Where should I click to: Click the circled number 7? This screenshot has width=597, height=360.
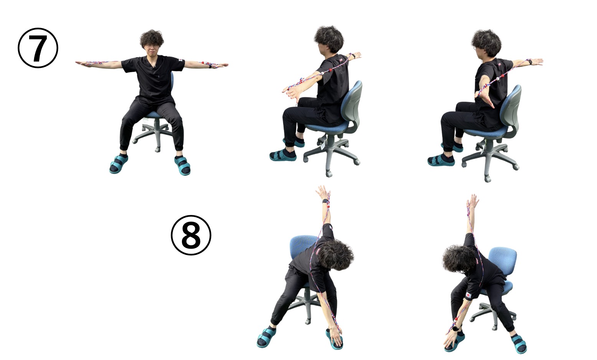(38, 48)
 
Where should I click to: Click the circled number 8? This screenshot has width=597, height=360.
(191, 235)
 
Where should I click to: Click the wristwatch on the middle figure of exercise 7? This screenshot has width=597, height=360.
(353, 56)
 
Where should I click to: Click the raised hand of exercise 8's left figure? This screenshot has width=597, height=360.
(323, 192)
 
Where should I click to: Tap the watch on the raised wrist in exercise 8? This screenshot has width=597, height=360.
(325, 201)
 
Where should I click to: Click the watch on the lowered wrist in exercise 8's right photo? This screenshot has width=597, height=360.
(455, 328)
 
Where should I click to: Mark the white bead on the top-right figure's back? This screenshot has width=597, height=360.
(497, 79)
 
